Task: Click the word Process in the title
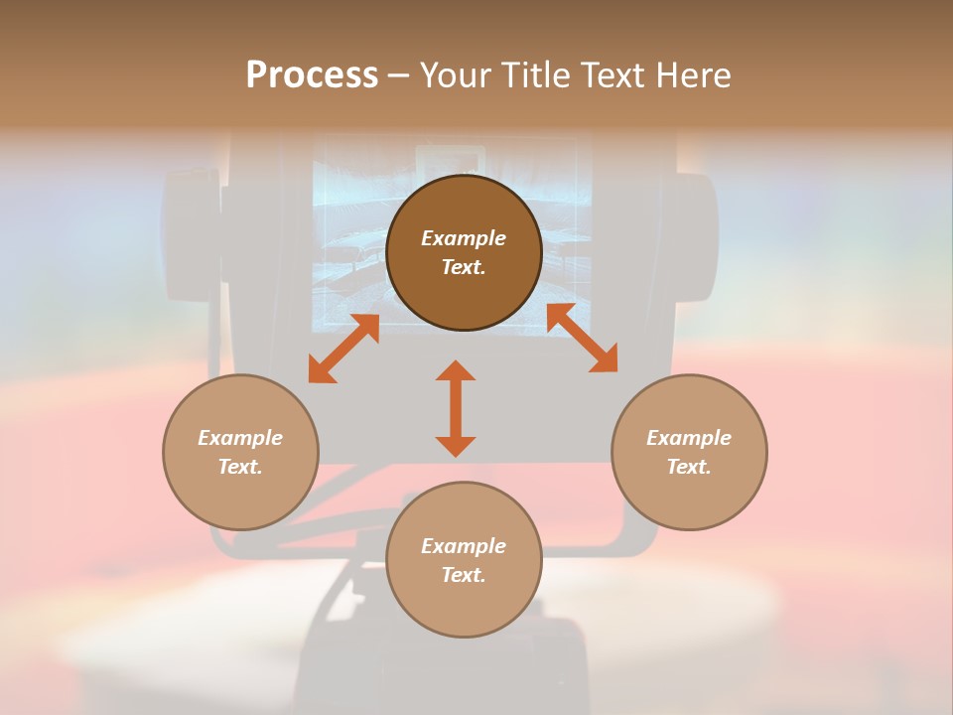pyautogui.click(x=312, y=75)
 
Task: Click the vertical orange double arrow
pyautogui.click(x=456, y=408)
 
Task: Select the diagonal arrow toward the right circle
pyautogui.click(x=582, y=338)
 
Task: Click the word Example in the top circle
pyautogui.click(x=464, y=238)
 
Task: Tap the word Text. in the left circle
pyautogui.click(x=240, y=467)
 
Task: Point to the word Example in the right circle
pyautogui.click(x=689, y=438)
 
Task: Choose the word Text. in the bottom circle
pyautogui.click(x=464, y=575)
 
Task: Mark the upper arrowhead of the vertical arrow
pyautogui.click(x=456, y=371)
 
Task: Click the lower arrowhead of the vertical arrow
pyautogui.click(x=456, y=446)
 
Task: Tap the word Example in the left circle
pyautogui.click(x=240, y=438)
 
